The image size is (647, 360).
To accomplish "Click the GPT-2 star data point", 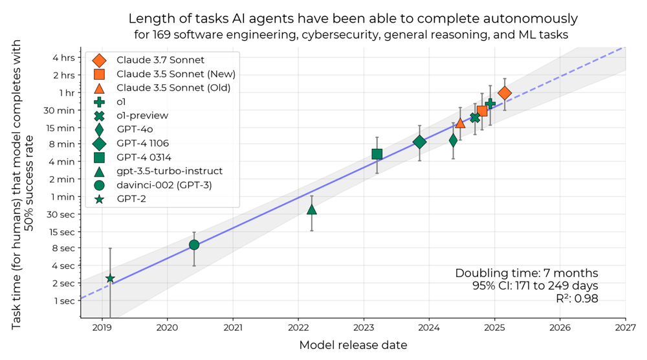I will click(110, 278).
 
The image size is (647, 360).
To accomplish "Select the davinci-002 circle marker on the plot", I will click(194, 245).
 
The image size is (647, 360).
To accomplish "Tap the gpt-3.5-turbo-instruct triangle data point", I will click(312, 209).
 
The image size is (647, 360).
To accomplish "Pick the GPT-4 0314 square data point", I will click(377, 154).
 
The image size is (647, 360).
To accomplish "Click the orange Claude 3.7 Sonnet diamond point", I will click(505, 93).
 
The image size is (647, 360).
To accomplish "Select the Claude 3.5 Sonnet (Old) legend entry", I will click(173, 87).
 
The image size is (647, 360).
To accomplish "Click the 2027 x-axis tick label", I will click(626, 328).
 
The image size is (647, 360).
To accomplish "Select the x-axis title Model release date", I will click(353, 345).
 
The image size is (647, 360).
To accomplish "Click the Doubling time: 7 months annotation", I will click(527, 273).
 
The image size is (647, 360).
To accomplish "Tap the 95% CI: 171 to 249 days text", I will click(535, 286).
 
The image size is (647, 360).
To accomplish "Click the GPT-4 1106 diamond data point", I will click(420, 142).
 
